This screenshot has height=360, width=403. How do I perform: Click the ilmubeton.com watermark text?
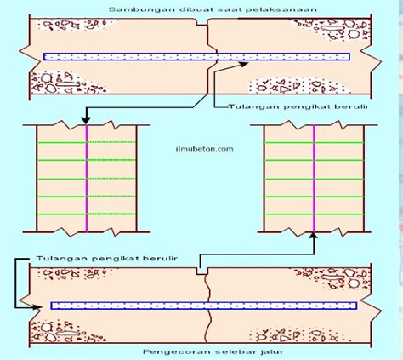pos(204,149)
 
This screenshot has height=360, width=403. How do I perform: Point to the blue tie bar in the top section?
pos(196,57)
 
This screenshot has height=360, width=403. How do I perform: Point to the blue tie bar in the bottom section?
pos(204,306)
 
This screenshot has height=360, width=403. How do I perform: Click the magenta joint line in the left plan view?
pos(87,179)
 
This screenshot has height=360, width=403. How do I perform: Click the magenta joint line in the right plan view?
pos(314,179)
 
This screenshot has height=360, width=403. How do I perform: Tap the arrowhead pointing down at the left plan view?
pos(86,121)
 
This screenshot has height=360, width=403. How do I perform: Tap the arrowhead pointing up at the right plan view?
pos(314,236)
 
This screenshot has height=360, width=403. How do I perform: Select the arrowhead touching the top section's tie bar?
pos(244,64)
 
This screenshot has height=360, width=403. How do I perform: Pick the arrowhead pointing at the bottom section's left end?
pos(37,307)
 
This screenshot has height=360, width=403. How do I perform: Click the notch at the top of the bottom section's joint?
pos(201,271)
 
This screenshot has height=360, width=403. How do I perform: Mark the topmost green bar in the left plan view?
pos(86,142)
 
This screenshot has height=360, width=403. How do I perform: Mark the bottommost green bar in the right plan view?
pos(314,214)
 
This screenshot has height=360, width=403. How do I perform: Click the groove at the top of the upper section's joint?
pos(202,22)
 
